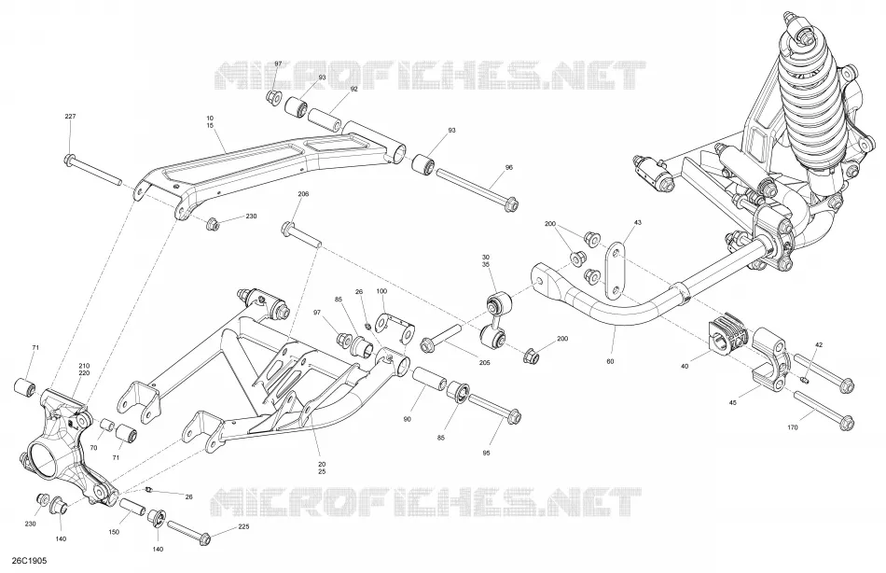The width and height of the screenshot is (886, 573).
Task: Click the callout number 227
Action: pyautogui.click(x=70, y=117)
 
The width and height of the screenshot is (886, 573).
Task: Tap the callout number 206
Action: pyautogui.click(x=303, y=194)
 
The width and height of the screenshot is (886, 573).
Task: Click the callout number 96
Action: pyautogui.click(x=509, y=167)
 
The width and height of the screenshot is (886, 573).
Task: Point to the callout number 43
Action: pyautogui.click(x=637, y=222)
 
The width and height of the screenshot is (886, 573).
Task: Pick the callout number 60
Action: pyautogui.click(x=610, y=361)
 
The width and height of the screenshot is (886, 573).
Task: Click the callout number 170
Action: pyautogui.click(x=792, y=427)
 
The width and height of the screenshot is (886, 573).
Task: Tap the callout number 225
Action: pyautogui.click(x=243, y=527)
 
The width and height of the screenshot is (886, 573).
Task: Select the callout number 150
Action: pyautogui.click(x=114, y=532)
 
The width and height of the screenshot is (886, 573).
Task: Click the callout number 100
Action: pyautogui.click(x=381, y=291)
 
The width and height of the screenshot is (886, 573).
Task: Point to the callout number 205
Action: pyautogui.click(x=484, y=363)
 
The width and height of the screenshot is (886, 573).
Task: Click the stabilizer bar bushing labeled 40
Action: pyautogui.click(x=727, y=337)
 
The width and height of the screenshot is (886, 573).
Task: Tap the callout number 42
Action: pyautogui.click(x=819, y=344)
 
